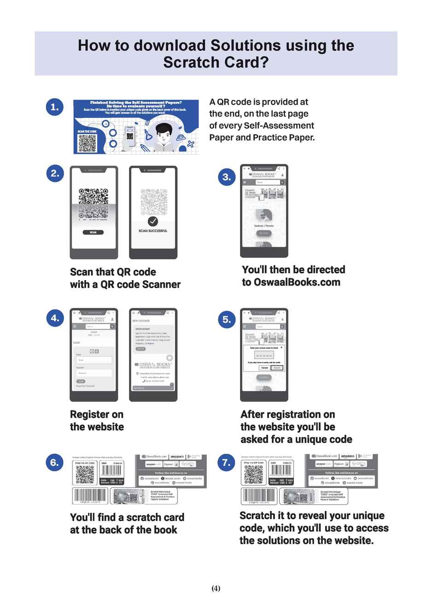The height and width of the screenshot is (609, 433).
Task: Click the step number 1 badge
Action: click(55, 107)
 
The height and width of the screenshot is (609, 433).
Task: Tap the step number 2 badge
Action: click(55, 174)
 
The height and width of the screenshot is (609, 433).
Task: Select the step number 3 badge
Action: click(227, 177)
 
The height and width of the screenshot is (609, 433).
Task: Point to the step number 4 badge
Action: click(55, 318)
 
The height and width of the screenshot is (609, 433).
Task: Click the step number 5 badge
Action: click(227, 319)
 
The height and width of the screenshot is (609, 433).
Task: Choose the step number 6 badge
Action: click(55, 462)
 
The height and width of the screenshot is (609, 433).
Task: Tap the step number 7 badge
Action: click(226, 462)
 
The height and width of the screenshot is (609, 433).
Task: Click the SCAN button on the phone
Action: click(93, 233)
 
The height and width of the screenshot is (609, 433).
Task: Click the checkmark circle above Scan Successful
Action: click(153, 222)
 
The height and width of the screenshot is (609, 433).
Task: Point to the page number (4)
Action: click(216, 588)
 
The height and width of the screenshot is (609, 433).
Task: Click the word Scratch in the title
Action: click(190, 62)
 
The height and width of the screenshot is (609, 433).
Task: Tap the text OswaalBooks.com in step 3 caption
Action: click(297, 282)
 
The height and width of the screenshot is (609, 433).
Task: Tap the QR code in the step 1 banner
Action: click(87, 144)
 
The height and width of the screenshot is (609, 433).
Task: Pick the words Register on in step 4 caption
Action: click(97, 414)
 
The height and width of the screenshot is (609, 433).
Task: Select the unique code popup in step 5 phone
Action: click(264, 357)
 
